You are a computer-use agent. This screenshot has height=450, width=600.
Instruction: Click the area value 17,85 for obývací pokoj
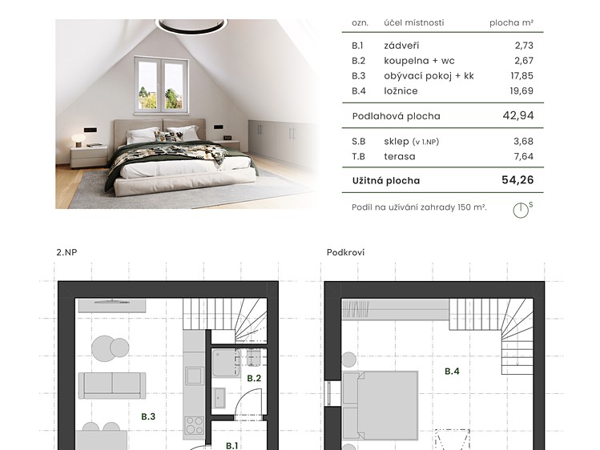[521, 76]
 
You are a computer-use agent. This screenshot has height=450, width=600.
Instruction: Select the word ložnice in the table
[401, 91]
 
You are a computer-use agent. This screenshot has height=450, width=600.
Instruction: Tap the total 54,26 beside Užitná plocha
[517, 180]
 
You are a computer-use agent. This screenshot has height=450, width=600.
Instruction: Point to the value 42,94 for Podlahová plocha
[518, 115]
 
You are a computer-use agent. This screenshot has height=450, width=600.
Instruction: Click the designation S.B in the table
[359, 142]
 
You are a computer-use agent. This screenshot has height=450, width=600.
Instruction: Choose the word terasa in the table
[400, 156]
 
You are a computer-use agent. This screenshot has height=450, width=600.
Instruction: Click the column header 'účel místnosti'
[414, 22]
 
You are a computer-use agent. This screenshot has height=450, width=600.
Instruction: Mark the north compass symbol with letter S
[522, 210]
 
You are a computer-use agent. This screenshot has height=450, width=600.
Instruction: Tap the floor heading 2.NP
[66, 252]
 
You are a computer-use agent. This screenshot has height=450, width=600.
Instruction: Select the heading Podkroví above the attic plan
[345, 252]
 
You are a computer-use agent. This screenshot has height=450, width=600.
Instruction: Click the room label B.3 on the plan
[148, 416]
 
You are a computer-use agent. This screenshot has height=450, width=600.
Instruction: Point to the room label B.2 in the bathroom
[254, 378]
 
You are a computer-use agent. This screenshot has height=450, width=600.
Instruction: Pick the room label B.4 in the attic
[452, 372]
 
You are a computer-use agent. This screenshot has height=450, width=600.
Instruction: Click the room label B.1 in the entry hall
[232, 445]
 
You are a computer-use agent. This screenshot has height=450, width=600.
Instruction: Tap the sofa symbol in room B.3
[112, 386]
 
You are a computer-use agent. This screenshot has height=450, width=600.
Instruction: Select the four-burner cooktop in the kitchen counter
[194, 425]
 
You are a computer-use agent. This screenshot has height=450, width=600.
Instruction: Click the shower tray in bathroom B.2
[226, 363]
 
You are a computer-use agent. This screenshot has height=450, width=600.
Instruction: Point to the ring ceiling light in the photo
[191, 26]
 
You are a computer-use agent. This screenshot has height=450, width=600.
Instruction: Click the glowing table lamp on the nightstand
[79, 140]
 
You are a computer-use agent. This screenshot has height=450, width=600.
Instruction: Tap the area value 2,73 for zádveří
[524, 46]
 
